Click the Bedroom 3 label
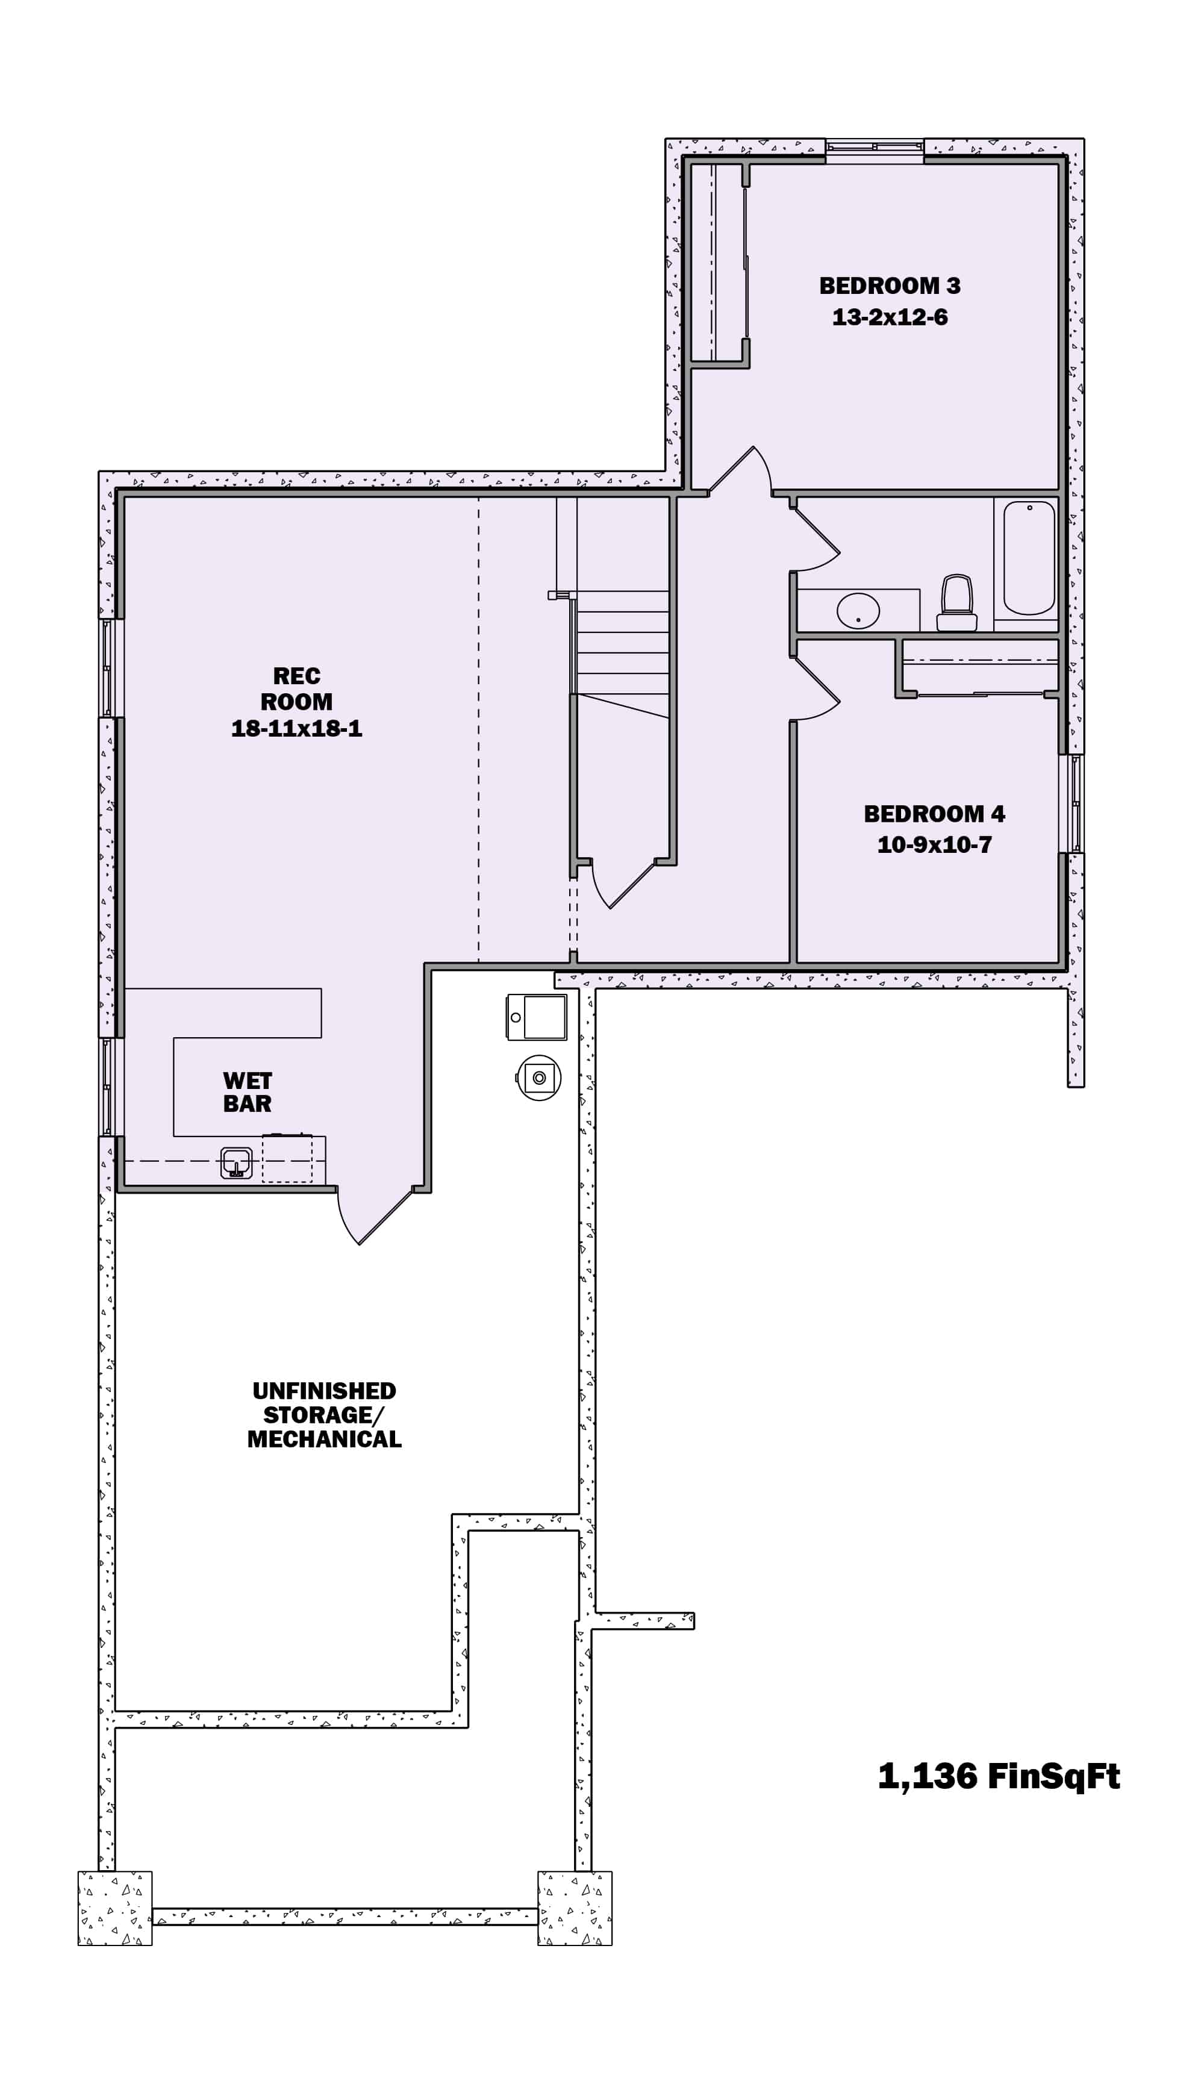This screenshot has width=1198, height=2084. click(x=890, y=285)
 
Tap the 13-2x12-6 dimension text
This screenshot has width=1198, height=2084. click(x=890, y=317)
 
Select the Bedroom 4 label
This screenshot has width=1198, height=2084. click(x=934, y=814)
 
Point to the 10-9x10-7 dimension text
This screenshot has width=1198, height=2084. click(x=934, y=845)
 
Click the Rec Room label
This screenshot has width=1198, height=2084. click(x=296, y=688)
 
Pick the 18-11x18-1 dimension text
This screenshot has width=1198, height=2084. click(x=296, y=728)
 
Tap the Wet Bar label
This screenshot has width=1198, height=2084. click(x=247, y=1092)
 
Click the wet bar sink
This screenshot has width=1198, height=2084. click(x=236, y=1162)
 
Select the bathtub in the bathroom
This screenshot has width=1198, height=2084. click(x=1029, y=558)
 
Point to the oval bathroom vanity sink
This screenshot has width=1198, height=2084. click(x=858, y=611)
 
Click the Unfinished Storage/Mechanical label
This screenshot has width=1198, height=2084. click(x=324, y=1414)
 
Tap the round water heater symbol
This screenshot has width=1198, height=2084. click(x=539, y=1078)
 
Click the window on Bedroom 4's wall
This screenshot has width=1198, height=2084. click(x=1075, y=803)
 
